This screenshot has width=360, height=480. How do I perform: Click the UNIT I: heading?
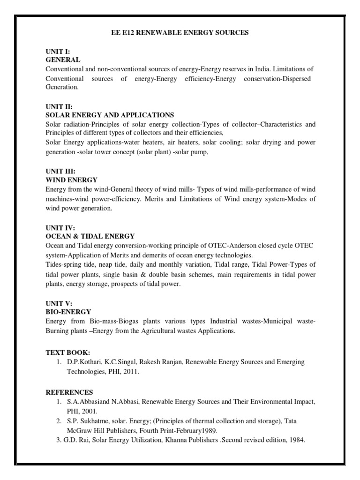coord(57,52)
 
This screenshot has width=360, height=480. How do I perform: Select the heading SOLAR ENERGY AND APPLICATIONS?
coord(110,115)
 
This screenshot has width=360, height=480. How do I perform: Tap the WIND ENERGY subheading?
coord(71,180)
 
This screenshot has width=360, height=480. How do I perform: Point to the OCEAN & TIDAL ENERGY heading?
coord(90,236)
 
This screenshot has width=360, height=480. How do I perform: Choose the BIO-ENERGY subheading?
coord(68,311)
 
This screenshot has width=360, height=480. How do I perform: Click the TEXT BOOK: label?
coord(67,352)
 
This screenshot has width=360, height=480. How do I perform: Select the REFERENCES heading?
coord(69,392)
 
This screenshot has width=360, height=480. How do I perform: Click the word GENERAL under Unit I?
coord(63,60)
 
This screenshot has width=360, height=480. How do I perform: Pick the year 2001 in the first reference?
coord(89,411)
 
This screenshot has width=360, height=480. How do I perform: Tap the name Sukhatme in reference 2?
coord(96,421)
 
